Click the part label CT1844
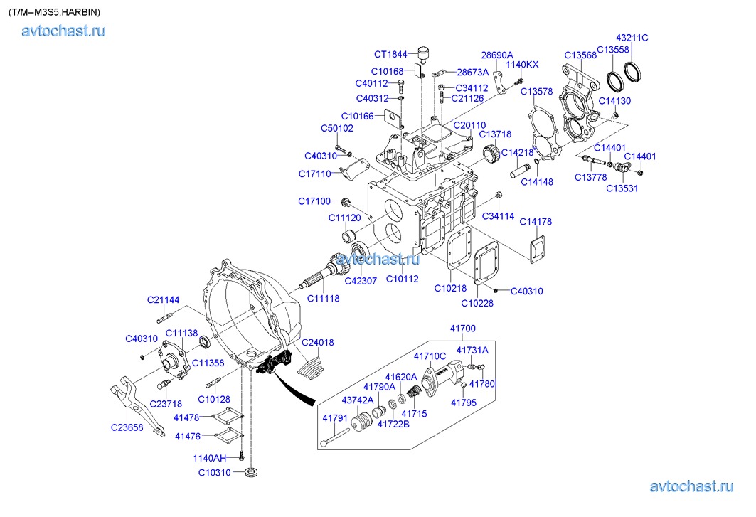click(x=390, y=54)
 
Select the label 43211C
click(x=632, y=38)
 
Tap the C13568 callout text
click(x=580, y=55)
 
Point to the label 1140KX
click(x=522, y=65)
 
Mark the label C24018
click(x=317, y=343)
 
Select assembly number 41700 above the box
click(x=462, y=329)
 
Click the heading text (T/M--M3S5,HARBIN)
click(x=54, y=12)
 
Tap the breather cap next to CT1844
click(x=425, y=54)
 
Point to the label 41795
click(x=464, y=402)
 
